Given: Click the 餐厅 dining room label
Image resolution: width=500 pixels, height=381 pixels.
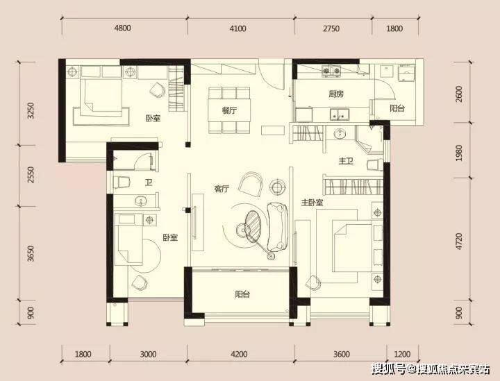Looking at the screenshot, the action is (x=229, y=110).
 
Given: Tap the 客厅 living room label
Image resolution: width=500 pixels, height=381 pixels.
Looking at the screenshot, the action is (x=222, y=189).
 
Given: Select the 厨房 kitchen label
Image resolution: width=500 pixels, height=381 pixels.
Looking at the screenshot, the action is (x=336, y=94).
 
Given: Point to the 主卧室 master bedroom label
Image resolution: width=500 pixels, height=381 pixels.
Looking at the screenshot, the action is (x=312, y=203).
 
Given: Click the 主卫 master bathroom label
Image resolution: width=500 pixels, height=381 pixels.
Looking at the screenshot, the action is (x=346, y=162).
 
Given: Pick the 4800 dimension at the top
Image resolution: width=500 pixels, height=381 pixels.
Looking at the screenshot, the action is (x=123, y=28).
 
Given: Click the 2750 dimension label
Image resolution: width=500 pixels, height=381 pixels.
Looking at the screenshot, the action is (x=331, y=28).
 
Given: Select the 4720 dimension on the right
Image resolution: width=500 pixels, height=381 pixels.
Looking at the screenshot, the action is (x=459, y=241).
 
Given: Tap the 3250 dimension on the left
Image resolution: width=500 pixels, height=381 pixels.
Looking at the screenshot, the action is (x=31, y=110).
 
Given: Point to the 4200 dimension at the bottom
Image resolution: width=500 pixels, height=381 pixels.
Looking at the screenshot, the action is (x=239, y=354).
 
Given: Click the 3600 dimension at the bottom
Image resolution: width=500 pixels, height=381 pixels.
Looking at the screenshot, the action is (x=341, y=354).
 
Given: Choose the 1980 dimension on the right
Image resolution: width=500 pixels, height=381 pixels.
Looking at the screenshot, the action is (x=459, y=153).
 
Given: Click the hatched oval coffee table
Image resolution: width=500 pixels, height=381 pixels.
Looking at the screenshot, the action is (x=253, y=223).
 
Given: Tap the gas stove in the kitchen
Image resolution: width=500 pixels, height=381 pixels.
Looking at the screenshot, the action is (x=331, y=71).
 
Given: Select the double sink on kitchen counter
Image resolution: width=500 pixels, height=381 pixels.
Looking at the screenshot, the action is (x=340, y=115).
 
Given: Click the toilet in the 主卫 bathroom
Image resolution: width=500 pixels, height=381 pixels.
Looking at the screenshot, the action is (x=375, y=165).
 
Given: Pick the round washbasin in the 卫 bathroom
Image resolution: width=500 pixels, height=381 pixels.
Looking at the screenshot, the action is (x=140, y=201).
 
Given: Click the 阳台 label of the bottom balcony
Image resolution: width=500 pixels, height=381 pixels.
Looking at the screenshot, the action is (x=242, y=294).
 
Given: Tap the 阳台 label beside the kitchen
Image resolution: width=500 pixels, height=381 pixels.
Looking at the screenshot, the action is (x=397, y=108).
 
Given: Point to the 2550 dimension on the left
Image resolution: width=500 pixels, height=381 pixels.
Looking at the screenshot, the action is (x=31, y=175).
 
